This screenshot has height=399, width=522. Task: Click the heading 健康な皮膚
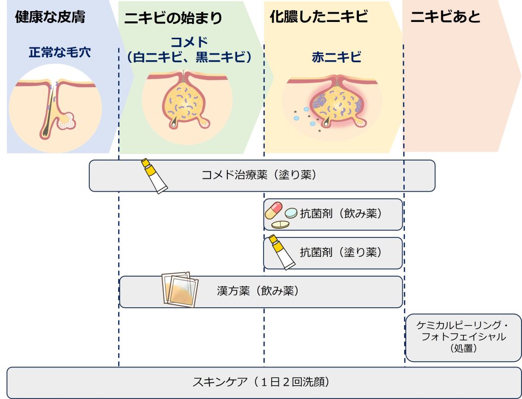[50, 17]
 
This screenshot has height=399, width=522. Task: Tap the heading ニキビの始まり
[173, 18]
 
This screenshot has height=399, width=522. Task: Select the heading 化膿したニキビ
[319, 17]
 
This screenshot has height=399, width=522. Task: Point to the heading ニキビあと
[446, 17]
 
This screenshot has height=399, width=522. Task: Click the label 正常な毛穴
[60, 52]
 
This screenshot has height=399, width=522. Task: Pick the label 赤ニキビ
[336, 57]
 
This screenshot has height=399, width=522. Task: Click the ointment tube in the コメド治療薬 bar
[154, 175]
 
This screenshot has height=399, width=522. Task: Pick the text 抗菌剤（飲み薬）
[341, 214]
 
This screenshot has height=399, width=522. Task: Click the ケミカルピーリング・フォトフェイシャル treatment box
[463, 337]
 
